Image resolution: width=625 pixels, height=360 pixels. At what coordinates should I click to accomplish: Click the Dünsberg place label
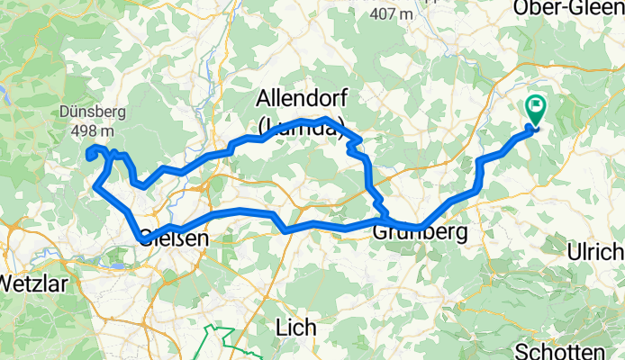[x=94, y=112]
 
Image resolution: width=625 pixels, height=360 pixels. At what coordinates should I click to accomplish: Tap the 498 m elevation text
[x=95, y=129]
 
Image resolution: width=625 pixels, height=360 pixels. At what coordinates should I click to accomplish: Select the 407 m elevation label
[x=391, y=13]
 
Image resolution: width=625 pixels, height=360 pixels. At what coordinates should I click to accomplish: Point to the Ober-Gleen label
[x=568, y=8]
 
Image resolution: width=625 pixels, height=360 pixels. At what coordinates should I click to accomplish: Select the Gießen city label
[x=174, y=239]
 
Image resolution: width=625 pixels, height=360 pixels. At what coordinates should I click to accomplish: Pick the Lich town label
[x=296, y=329]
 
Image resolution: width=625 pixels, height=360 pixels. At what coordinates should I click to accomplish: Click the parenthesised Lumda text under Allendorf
[x=301, y=129]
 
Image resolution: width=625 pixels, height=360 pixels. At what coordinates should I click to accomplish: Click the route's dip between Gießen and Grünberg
[x=286, y=230]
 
